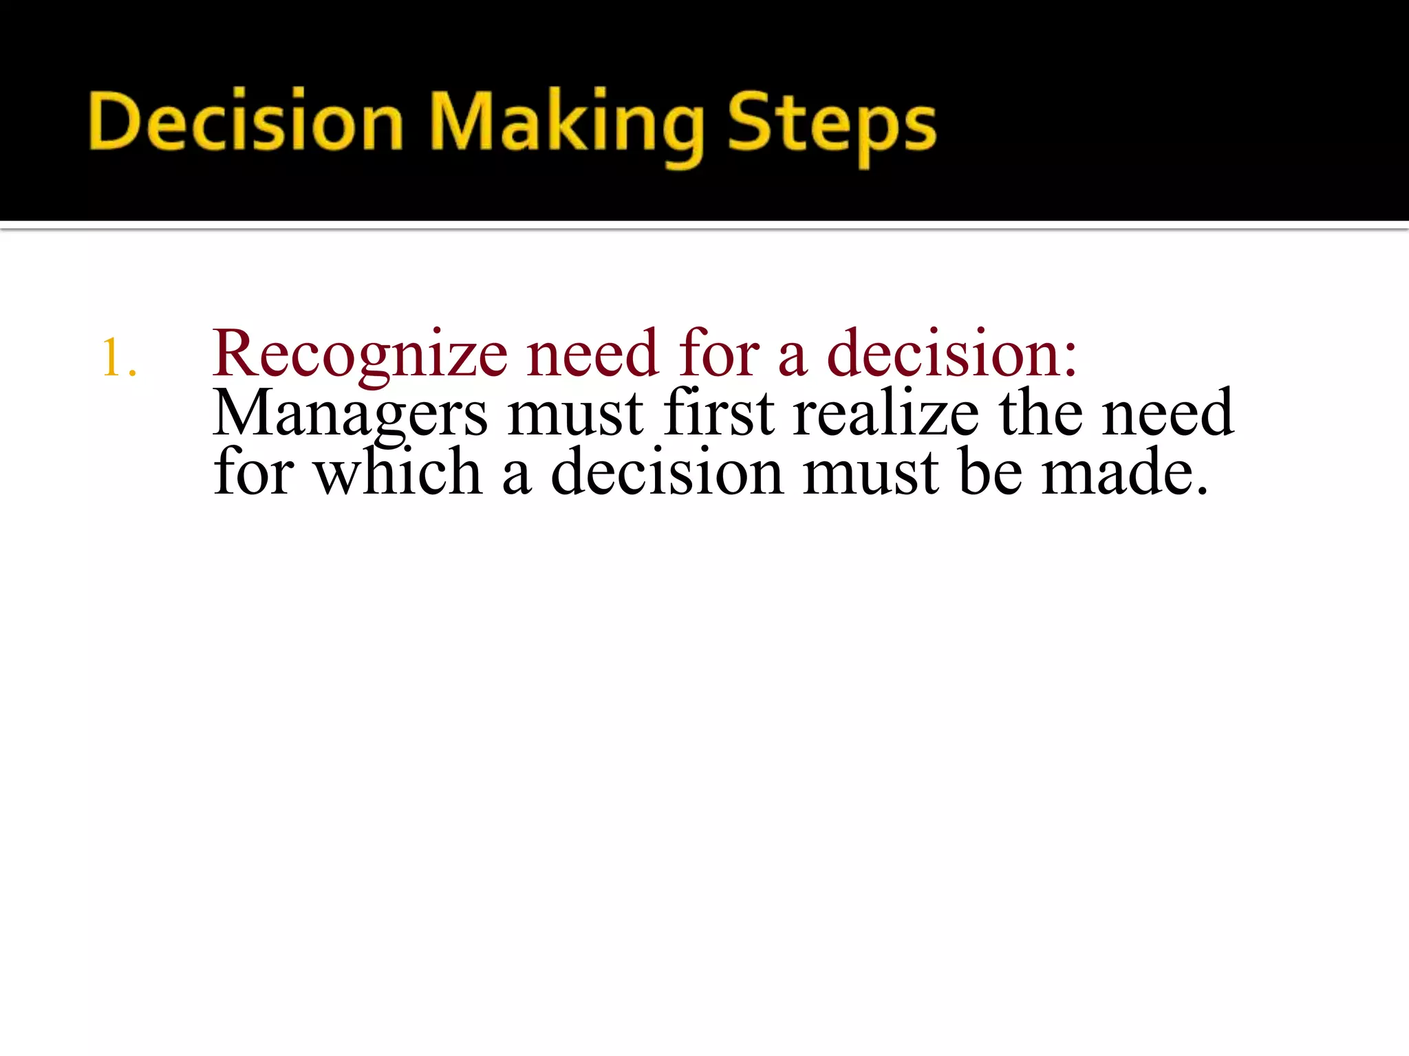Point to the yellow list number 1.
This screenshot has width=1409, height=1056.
(118, 357)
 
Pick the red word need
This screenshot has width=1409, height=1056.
(592, 354)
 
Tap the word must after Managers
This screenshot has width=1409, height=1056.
(575, 414)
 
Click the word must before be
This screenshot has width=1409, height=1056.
(870, 473)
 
